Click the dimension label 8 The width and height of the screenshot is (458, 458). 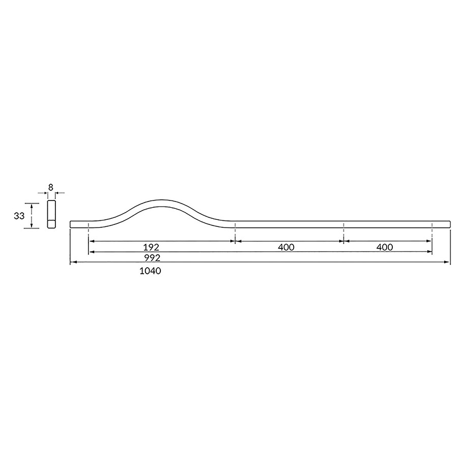(x=51, y=187)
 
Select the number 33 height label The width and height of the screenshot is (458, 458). (x=19, y=216)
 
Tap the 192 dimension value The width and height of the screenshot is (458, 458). (x=151, y=247)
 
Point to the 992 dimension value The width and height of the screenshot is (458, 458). (x=152, y=258)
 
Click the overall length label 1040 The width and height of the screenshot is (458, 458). (x=151, y=271)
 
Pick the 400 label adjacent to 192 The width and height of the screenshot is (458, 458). (x=286, y=247)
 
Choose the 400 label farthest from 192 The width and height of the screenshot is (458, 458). (x=385, y=247)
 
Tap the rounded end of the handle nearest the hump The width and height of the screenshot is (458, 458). (x=71, y=224)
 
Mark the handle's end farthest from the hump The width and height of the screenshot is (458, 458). (x=449, y=224)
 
